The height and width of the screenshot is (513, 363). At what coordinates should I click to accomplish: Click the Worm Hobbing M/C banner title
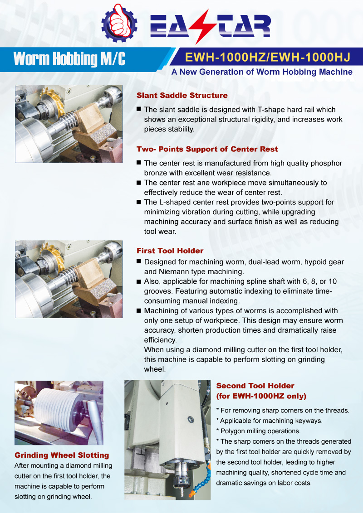point(69,59)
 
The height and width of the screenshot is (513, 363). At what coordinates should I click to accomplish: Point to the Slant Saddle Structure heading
point(182,96)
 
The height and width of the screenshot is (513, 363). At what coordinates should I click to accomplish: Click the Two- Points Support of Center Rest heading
point(207,149)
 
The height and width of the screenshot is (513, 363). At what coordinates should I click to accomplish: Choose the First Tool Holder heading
point(170,251)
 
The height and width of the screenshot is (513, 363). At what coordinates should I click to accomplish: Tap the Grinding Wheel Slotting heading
point(62,455)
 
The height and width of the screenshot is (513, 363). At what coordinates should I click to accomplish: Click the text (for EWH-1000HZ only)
point(261,396)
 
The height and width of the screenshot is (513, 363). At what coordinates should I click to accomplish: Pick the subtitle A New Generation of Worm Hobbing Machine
point(262,72)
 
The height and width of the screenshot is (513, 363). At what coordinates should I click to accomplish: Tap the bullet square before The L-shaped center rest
point(139,202)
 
